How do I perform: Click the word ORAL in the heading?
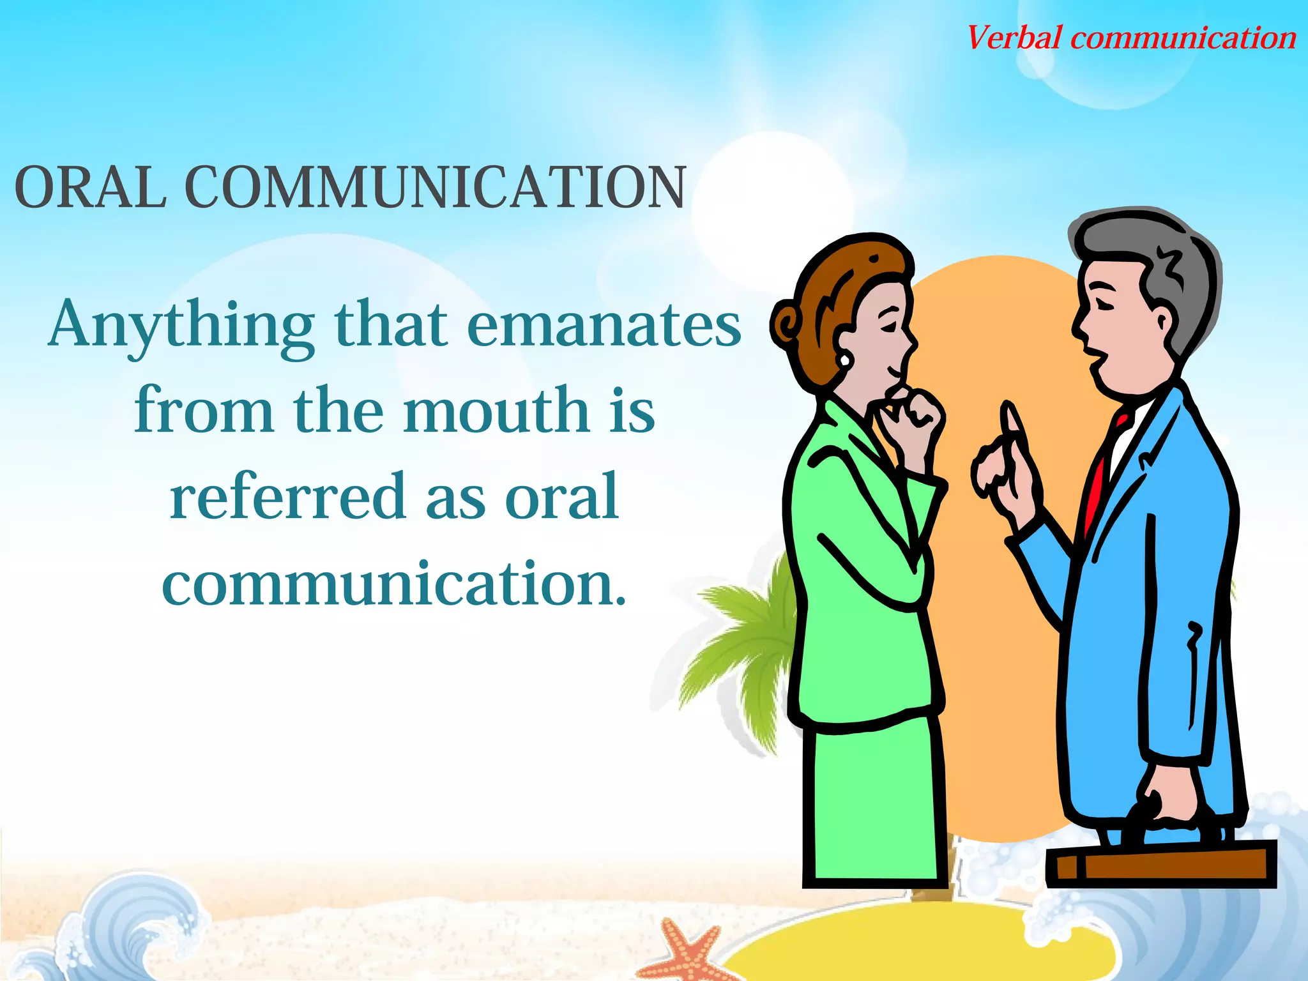tap(90, 188)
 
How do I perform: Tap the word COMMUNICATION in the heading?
tap(435, 188)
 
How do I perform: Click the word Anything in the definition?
tap(181, 326)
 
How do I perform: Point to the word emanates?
tap(604, 326)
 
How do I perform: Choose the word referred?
tap(287, 496)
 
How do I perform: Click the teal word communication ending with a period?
tap(393, 582)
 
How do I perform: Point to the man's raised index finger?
tap(1011, 425)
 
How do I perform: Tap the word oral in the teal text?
tap(561, 496)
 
